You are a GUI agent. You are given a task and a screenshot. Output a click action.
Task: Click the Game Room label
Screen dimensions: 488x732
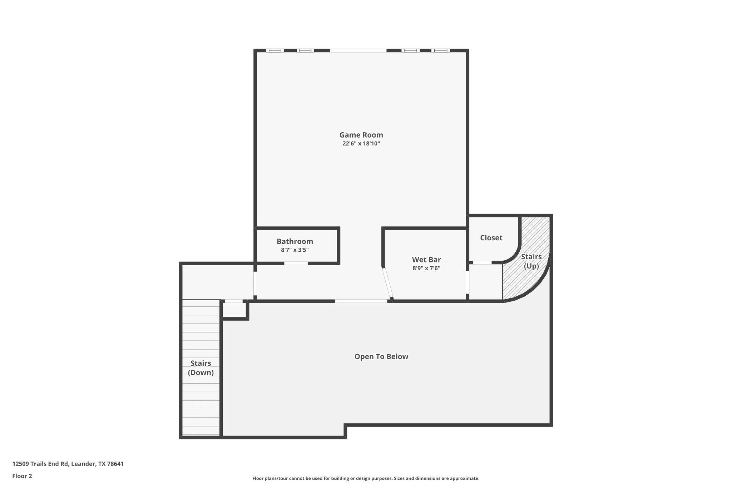tap(361, 135)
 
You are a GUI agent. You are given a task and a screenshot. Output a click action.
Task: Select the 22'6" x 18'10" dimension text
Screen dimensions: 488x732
tap(361, 144)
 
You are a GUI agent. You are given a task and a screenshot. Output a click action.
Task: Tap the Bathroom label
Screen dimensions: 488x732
tap(295, 241)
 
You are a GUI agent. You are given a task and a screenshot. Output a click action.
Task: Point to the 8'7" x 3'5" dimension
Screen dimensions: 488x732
tap(295, 250)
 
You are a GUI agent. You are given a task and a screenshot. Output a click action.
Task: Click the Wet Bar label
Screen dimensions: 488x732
tap(426, 260)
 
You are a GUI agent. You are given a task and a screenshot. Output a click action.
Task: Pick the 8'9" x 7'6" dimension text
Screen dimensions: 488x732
tap(426, 268)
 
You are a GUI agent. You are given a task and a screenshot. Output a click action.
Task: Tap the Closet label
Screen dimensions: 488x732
tap(491, 238)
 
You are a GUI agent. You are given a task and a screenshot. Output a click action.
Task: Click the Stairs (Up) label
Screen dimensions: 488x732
tap(531, 261)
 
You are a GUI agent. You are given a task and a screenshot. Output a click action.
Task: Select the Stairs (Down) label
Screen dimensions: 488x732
tap(201, 368)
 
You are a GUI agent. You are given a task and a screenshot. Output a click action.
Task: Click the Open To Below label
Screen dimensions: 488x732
tap(381, 356)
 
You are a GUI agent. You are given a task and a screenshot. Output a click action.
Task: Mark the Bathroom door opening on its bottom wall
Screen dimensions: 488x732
tap(296, 263)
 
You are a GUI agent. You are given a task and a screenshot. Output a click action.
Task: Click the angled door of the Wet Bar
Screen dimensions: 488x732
tap(387, 283)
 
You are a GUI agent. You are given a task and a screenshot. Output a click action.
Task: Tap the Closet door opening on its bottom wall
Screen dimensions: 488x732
tap(482, 263)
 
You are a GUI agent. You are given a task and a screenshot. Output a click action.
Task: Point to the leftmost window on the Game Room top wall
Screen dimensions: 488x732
tap(275, 50)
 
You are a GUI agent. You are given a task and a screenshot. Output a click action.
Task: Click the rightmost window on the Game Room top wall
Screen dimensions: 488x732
tap(440, 50)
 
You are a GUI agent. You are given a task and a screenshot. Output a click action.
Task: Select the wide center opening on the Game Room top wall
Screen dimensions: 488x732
tap(358, 50)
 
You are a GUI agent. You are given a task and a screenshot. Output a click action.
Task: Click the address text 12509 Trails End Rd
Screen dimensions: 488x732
tap(68, 464)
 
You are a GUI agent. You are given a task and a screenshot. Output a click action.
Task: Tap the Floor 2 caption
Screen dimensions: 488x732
tap(22, 476)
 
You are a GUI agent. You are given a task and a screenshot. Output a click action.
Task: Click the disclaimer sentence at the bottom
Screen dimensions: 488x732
tap(366, 478)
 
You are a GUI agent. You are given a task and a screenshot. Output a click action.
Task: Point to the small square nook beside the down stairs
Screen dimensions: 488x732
tap(234, 310)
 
